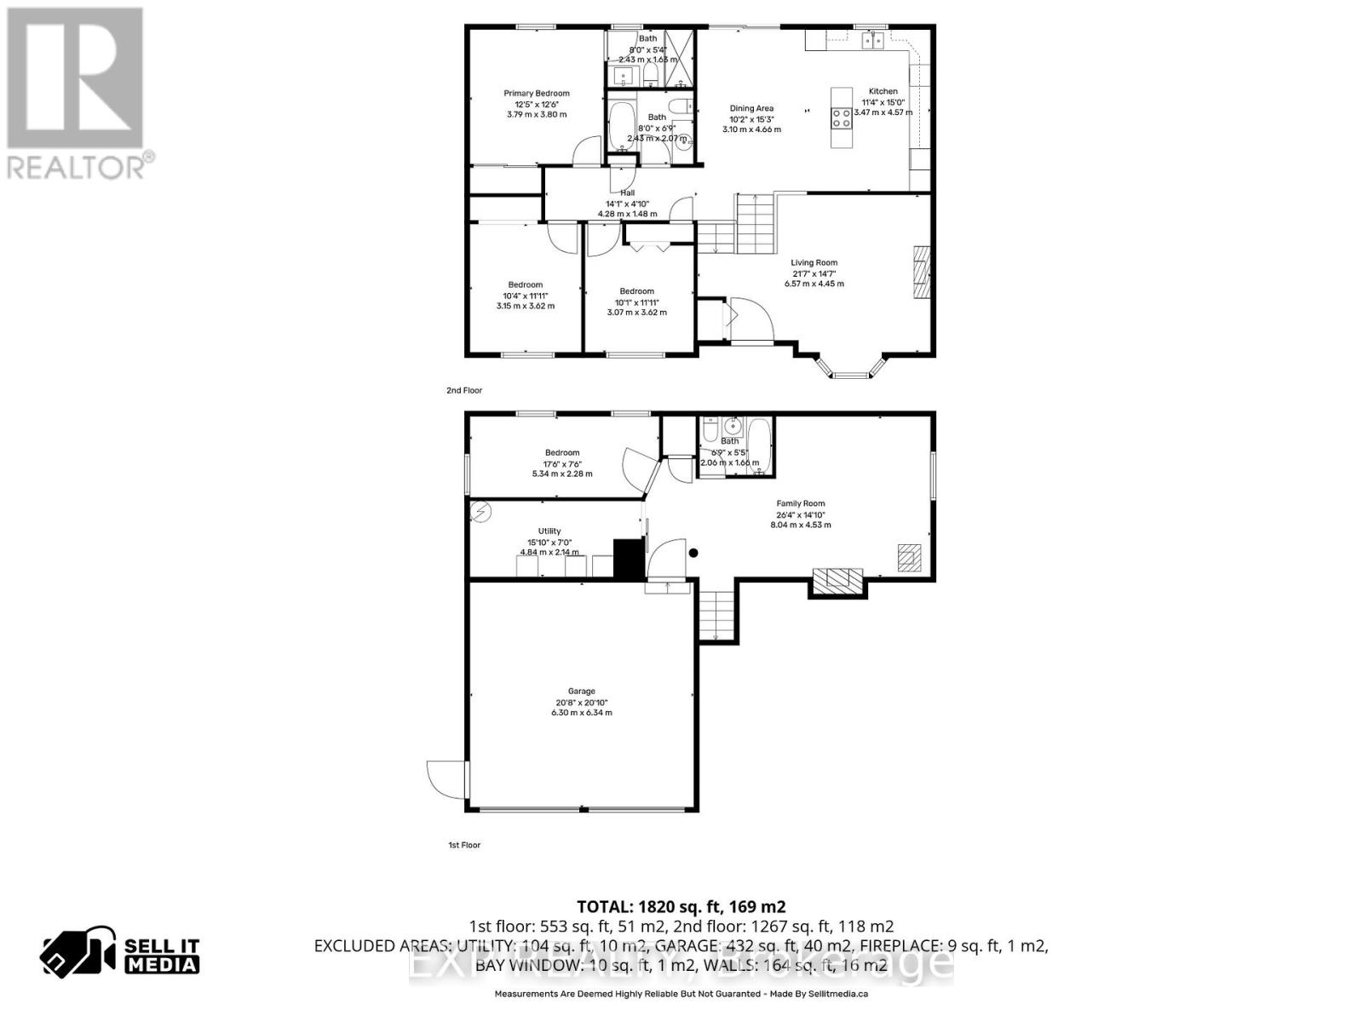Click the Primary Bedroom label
click(537, 94)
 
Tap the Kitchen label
click(883, 91)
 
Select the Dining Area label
click(751, 108)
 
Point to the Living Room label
click(814, 263)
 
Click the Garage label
click(582, 691)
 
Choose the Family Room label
click(801, 503)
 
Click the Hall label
click(627, 192)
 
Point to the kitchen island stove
click(842, 118)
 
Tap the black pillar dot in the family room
click(693, 553)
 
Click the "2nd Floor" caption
click(464, 390)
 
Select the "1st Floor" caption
click(464, 845)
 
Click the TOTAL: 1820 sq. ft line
click(681, 906)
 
